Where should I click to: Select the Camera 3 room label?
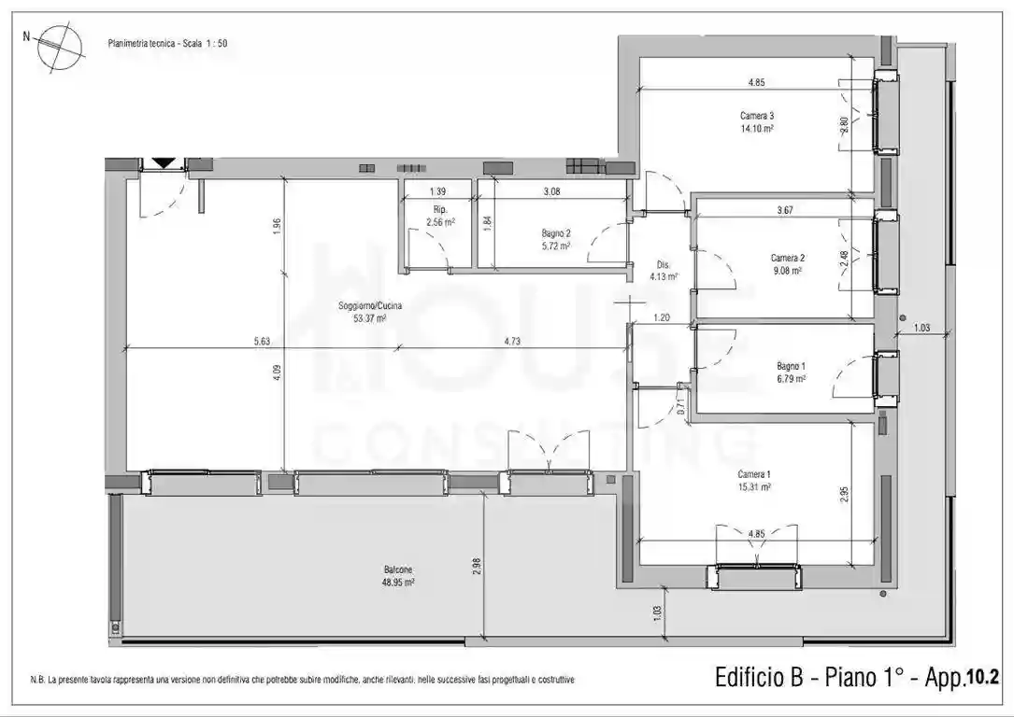pos(756,116)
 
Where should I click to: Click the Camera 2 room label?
pos(787,258)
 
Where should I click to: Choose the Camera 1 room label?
pos(754,474)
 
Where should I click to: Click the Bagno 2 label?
pos(555,233)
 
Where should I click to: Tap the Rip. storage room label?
pos(439,209)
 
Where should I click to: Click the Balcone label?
pos(397,569)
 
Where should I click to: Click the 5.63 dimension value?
pos(262,342)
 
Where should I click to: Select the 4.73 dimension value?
pos(511,342)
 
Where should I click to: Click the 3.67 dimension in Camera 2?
pos(785,210)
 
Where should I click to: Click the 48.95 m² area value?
pos(397,581)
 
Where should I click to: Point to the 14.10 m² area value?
pos(756,129)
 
